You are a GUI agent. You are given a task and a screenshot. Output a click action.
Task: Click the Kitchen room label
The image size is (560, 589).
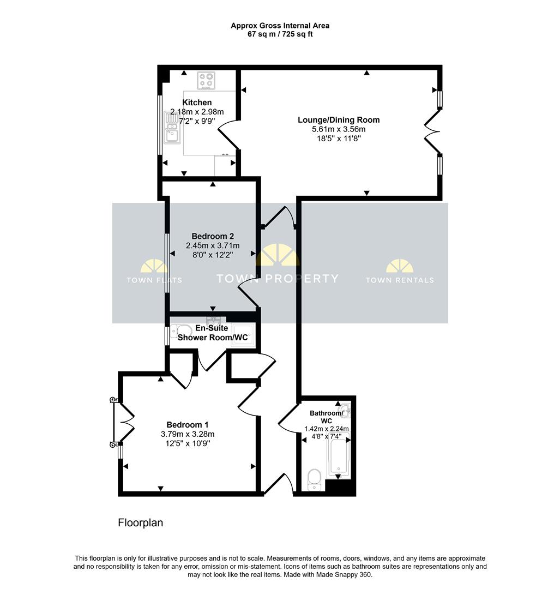197,103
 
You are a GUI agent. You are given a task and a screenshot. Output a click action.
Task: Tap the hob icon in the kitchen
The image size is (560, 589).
206,81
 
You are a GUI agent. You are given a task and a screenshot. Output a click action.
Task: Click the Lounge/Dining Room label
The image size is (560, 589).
339,120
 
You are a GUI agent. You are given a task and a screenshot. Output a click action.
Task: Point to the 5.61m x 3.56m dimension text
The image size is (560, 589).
339,129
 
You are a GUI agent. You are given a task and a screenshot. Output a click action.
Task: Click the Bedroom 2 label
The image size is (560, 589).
213,236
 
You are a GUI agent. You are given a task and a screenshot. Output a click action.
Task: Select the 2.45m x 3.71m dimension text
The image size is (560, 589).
213,245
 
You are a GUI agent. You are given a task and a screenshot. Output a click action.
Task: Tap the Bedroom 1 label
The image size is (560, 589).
188,425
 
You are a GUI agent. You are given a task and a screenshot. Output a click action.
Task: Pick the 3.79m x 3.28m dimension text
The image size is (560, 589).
188,434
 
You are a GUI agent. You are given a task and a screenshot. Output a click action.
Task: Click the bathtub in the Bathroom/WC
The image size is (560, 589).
339,455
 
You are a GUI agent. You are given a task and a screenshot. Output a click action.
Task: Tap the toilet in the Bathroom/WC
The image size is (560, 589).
314,480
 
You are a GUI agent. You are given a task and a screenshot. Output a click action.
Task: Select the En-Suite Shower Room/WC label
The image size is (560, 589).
213,333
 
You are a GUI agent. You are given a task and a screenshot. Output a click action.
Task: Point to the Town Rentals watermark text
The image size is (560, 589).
400,280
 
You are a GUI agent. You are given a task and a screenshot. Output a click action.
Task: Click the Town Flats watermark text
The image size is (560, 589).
154,280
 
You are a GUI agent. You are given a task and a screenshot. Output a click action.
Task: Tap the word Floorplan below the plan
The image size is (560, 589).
141,523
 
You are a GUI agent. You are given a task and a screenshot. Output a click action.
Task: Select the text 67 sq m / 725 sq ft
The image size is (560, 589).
280,34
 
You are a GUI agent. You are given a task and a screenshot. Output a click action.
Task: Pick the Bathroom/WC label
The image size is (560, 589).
327,417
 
